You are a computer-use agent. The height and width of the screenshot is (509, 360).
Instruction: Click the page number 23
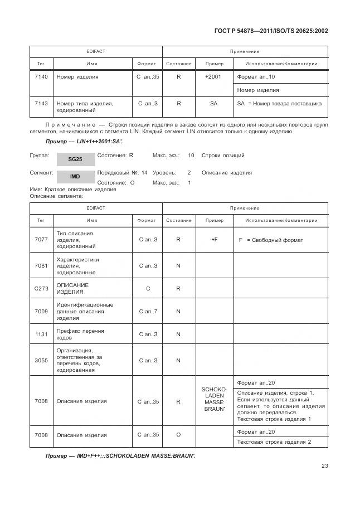click(x=324, y=466)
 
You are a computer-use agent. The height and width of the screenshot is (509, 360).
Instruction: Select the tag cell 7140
click(x=41, y=76)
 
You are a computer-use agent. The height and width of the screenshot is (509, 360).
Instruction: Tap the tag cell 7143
click(x=41, y=103)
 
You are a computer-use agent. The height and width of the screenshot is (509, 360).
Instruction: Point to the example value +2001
click(x=214, y=76)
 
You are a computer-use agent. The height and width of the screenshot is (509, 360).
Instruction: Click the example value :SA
click(x=214, y=103)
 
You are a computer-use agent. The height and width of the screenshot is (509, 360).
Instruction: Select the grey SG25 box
click(x=75, y=159)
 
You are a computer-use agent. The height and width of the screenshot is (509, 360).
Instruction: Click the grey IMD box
click(x=75, y=176)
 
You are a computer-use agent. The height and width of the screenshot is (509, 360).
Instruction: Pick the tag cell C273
click(x=41, y=288)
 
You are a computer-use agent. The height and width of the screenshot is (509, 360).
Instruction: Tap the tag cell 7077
click(x=41, y=240)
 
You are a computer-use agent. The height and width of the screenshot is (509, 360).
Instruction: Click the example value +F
click(x=214, y=240)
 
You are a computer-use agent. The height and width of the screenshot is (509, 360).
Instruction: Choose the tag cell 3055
click(x=41, y=360)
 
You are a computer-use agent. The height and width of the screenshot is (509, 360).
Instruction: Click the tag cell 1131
click(x=41, y=334)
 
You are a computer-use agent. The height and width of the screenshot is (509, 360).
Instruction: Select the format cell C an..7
click(x=147, y=311)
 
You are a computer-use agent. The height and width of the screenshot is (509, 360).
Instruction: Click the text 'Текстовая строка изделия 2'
click(x=274, y=442)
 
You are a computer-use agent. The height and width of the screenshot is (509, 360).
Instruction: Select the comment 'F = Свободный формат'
click(x=271, y=240)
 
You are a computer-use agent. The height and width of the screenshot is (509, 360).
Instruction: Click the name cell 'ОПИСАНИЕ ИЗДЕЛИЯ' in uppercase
click(x=72, y=288)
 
